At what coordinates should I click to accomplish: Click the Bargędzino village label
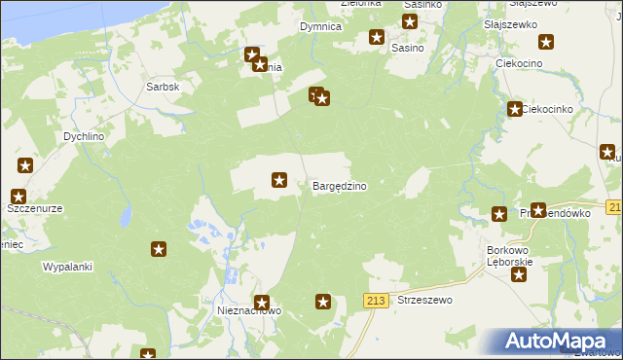coord(339,186)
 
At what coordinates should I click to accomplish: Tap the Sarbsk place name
coord(163,86)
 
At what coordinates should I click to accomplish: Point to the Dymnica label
coord(320,26)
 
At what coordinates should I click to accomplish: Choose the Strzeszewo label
coord(425,301)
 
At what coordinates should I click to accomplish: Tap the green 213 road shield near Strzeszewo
coord(377,302)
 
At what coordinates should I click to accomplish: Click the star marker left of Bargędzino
coord(279,179)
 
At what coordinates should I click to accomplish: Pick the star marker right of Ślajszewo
coord(546,42)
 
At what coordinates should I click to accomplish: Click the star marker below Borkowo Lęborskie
coord(519,274)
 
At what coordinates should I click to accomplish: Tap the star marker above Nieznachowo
coord(261,303)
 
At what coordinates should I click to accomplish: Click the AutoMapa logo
coord(556,342)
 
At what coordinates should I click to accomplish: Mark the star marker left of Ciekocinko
coord(513,109)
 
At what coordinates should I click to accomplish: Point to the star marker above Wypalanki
coord(158,250)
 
